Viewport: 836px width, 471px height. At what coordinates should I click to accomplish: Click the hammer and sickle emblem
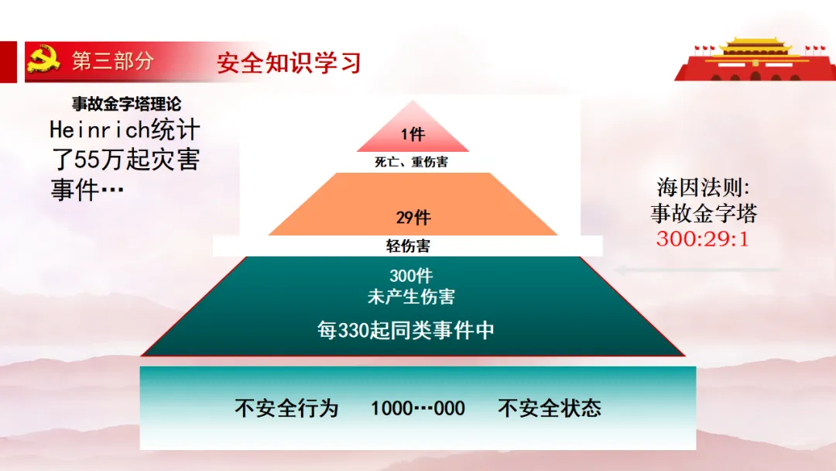43,60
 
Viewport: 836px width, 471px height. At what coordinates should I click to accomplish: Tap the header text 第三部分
113,61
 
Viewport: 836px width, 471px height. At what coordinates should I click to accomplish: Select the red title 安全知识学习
289,63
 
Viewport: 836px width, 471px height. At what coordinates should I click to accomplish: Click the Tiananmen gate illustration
754,59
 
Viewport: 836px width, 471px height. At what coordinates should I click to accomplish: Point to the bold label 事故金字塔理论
127,105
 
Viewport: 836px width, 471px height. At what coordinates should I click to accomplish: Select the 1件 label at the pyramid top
413,135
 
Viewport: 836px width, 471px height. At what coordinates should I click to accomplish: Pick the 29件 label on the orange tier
413,218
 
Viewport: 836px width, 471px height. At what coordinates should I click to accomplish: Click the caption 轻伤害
408,246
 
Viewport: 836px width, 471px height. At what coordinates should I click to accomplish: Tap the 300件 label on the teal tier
411,276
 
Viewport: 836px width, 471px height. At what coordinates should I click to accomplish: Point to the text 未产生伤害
411,296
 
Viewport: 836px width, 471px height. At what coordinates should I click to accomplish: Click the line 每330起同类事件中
406,330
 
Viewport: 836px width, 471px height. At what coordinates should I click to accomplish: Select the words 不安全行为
286,408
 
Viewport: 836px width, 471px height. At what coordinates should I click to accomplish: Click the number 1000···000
418,408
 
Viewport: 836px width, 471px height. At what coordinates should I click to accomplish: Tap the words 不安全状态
550,408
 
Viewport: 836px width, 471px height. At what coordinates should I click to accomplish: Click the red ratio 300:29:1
703,239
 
